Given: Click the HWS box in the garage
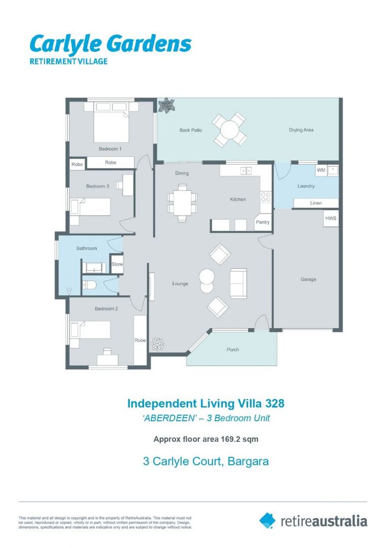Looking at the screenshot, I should point(331,219).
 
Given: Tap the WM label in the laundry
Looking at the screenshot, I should point(321,170).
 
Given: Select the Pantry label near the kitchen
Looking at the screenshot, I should point(263,222).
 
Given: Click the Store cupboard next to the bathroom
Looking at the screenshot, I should point(117,264).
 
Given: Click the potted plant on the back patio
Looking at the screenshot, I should point(166,106).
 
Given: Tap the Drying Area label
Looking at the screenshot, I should point(301,130).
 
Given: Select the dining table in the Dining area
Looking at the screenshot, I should point(181,201).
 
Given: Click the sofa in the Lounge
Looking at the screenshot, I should point(238,283).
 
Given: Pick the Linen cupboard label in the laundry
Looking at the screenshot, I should point(316,203).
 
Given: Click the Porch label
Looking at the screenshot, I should point(232,350).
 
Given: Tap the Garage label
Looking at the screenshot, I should point(308,279).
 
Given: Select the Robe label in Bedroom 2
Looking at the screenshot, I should point(140,340).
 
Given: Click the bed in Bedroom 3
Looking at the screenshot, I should point(91,207).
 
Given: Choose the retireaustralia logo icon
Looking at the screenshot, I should point(267,520).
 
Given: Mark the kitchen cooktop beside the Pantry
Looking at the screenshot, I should point(265,197).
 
